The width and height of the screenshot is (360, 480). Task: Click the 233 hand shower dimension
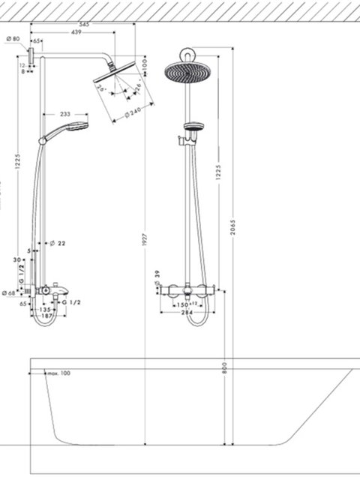(x=66, y=115)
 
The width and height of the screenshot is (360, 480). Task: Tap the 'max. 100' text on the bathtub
(x=58, y=373)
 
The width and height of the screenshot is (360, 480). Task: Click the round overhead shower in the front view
(x=185, y=71)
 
